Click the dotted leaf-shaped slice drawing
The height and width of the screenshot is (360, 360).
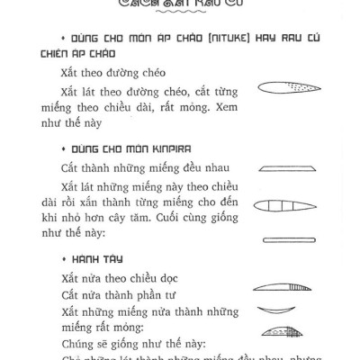pyautogui.click(x=281, y=88)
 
